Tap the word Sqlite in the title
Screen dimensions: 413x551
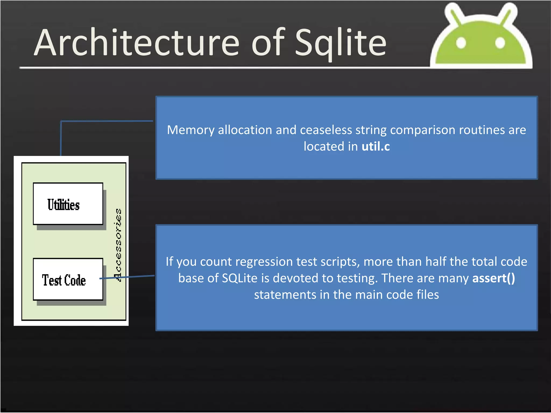341,43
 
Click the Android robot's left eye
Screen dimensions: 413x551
461,43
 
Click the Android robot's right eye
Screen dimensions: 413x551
500,43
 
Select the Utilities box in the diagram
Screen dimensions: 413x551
68,204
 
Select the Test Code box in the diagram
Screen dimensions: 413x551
68,280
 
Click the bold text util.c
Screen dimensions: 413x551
376,147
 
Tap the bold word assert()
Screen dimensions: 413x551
493,278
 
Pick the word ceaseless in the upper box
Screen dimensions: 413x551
326,130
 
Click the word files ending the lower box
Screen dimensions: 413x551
428,295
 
